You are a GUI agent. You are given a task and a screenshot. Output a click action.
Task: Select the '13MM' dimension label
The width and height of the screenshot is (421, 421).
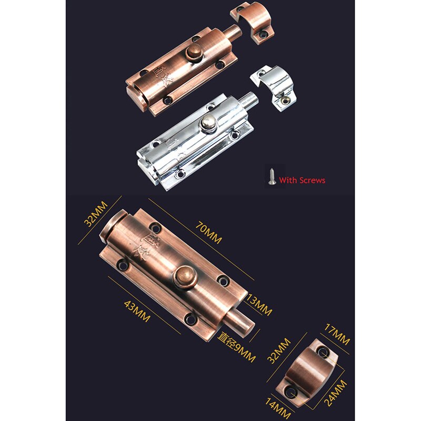259,305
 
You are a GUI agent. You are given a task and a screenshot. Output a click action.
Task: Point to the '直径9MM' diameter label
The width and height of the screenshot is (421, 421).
236,348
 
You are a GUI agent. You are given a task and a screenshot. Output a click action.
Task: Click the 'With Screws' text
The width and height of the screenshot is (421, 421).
302,181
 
